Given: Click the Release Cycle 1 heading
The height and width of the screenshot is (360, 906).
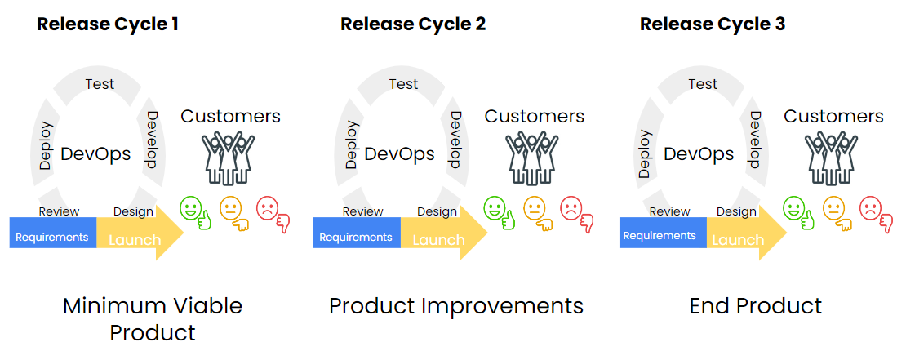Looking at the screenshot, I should click(108, 24).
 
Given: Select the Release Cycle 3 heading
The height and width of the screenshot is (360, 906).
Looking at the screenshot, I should click(712, 24).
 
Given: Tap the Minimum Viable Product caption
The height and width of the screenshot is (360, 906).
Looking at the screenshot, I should click(153, 319).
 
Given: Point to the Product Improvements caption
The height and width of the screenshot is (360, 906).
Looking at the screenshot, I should click(456, 306).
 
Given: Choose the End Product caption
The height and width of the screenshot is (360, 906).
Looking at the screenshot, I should click(756, 306).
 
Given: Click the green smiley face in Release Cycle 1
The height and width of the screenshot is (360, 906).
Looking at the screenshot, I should click(191, 208).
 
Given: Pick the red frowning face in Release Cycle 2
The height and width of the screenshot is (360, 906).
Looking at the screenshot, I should click(572, 209).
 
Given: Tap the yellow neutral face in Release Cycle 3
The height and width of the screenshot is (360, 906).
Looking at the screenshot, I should click(834, 208).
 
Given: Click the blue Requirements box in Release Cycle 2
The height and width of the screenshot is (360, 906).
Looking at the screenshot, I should click(356, 238).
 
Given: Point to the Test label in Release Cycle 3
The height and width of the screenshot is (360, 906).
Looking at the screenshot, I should click(703, 84).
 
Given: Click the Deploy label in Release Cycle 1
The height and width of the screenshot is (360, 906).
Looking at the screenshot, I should click(46, 146).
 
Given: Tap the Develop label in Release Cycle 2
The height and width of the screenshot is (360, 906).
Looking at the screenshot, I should click(455, 140).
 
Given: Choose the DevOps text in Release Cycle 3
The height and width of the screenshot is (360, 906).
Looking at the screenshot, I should click(699, 153).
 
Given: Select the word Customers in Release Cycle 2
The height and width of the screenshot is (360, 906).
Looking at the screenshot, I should click(535, 117).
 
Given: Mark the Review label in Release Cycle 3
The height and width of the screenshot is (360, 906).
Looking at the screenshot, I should click(669, 211).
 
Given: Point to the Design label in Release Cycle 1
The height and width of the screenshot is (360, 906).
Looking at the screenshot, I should click(133, 211).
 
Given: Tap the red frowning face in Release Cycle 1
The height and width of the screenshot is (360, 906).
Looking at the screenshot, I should click(268, 209).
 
